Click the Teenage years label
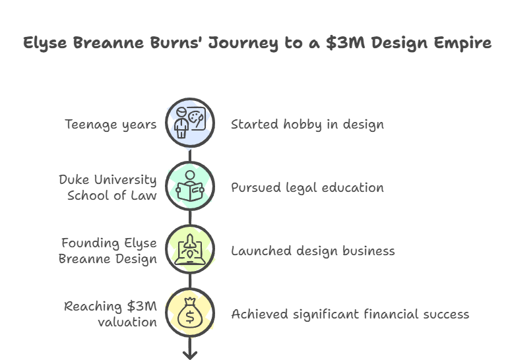click(x=110, y=124)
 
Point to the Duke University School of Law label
click(x=108, y=187)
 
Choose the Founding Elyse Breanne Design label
click(x=108, y=251)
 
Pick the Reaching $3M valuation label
click(x=110, y=314)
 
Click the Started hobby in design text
click(x=307, y=124)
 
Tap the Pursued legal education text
click(x=307, y=187)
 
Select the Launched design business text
click(x=313, y=251)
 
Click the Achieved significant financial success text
click(x=350, y=314)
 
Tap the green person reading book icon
click(x=190, y=187)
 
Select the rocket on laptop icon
click(x=190, y=250)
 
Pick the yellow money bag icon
click(x=190, y=313)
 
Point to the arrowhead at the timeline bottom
click(x=190, y=355)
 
